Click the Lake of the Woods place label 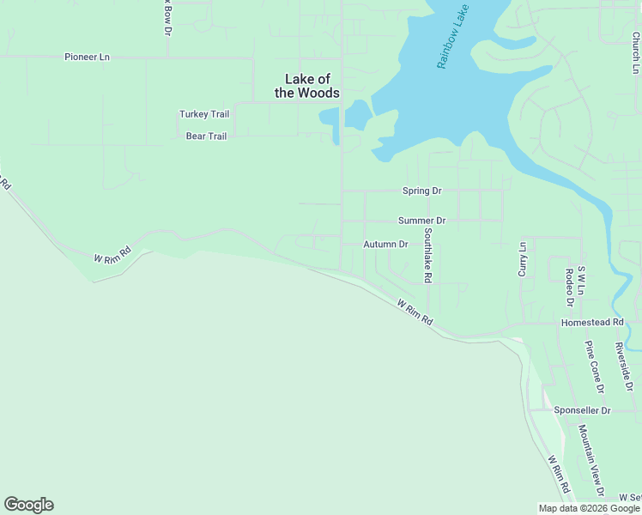pyautogui.click(x=306, y=86)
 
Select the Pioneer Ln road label pyautogui.click(x=88, y=57)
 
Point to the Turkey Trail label pyautogui.click(x=204, y=114)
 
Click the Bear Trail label pyautogui.click(x=206, y=136)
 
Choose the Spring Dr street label pyautogui.click(x=421, y=191)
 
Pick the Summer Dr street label pyautogui.click(x=422, y=221)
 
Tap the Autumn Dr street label pyautogui.click(x=385, y=244)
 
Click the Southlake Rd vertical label pyautogui.click(x=427, y=255)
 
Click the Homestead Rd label pyautogui.click(x=591, y=322)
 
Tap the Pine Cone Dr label pyautogui.click(x=595, y=367)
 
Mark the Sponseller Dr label pyautogui.click(x=582, y=410)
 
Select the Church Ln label pyautogui.click(x=636, y=52)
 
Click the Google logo pyautogui.click(x=28, y=505)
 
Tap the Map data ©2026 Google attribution pyautogui.click(x=589, y=508)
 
